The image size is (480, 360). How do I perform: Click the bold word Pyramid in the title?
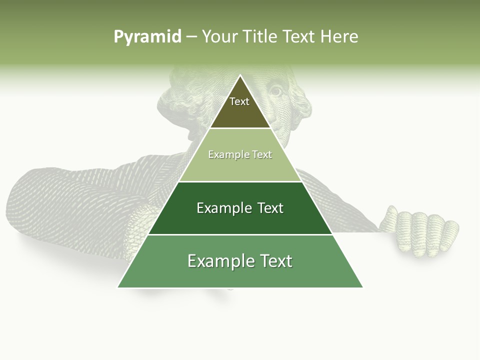[x=147, y=36]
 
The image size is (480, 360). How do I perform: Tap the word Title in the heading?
[x=260, y=36]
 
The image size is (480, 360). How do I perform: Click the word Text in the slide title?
[x=299, y=36]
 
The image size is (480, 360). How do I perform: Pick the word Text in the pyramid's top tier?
[x=239, y=101]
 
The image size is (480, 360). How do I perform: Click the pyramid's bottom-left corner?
[x=118, y=287]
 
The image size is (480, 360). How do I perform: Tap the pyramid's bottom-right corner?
[x=362, y=287]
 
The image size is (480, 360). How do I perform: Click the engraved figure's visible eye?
[x=276, y=91]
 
